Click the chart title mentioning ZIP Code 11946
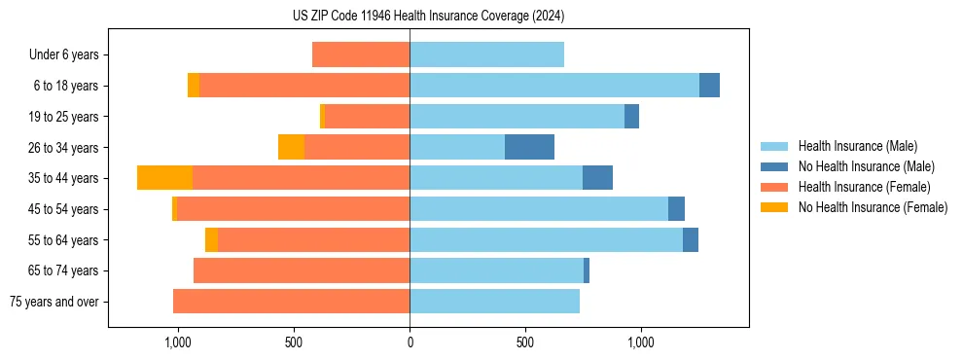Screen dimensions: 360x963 428,17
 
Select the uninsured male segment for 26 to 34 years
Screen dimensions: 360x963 529,147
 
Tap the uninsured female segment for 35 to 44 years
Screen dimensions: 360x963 164,178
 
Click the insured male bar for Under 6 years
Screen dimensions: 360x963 486,54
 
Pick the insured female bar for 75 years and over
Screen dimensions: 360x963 291,302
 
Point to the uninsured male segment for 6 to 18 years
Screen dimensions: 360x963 709,86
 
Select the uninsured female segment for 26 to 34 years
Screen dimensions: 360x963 291,147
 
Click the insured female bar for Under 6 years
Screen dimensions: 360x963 361,54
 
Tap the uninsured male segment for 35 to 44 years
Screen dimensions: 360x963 597,178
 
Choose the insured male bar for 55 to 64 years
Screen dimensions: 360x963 546,239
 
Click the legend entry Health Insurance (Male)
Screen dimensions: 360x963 857,146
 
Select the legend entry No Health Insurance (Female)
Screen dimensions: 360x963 873,207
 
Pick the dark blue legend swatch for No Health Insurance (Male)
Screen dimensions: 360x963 775,166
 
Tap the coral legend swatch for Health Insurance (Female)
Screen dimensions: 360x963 775,187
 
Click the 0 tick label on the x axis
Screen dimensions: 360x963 410,343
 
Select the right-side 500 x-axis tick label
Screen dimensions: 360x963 525,343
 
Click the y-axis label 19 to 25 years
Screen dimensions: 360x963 64,117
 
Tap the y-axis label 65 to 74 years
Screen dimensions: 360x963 64,270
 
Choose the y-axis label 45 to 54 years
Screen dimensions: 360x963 64,209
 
